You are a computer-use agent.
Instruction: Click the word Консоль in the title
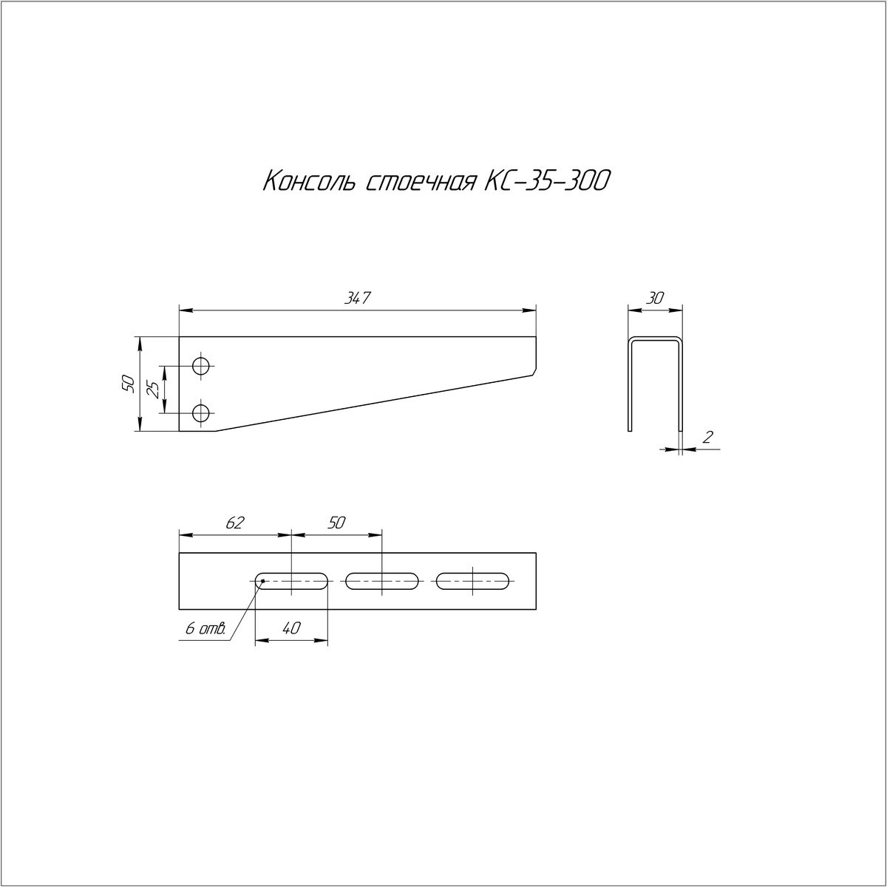[x=309, y=181]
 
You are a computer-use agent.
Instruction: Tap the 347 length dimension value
[x=358, y=299]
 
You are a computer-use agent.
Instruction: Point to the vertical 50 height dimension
[x=129, y=384]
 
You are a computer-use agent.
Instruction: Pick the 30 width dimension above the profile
[x=655, y=299]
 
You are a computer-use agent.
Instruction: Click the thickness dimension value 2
[x=708, y=437]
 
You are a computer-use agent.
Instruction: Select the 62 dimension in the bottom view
[x=234, y=523]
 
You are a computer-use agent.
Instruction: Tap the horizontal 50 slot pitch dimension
[x=336, y=523]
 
